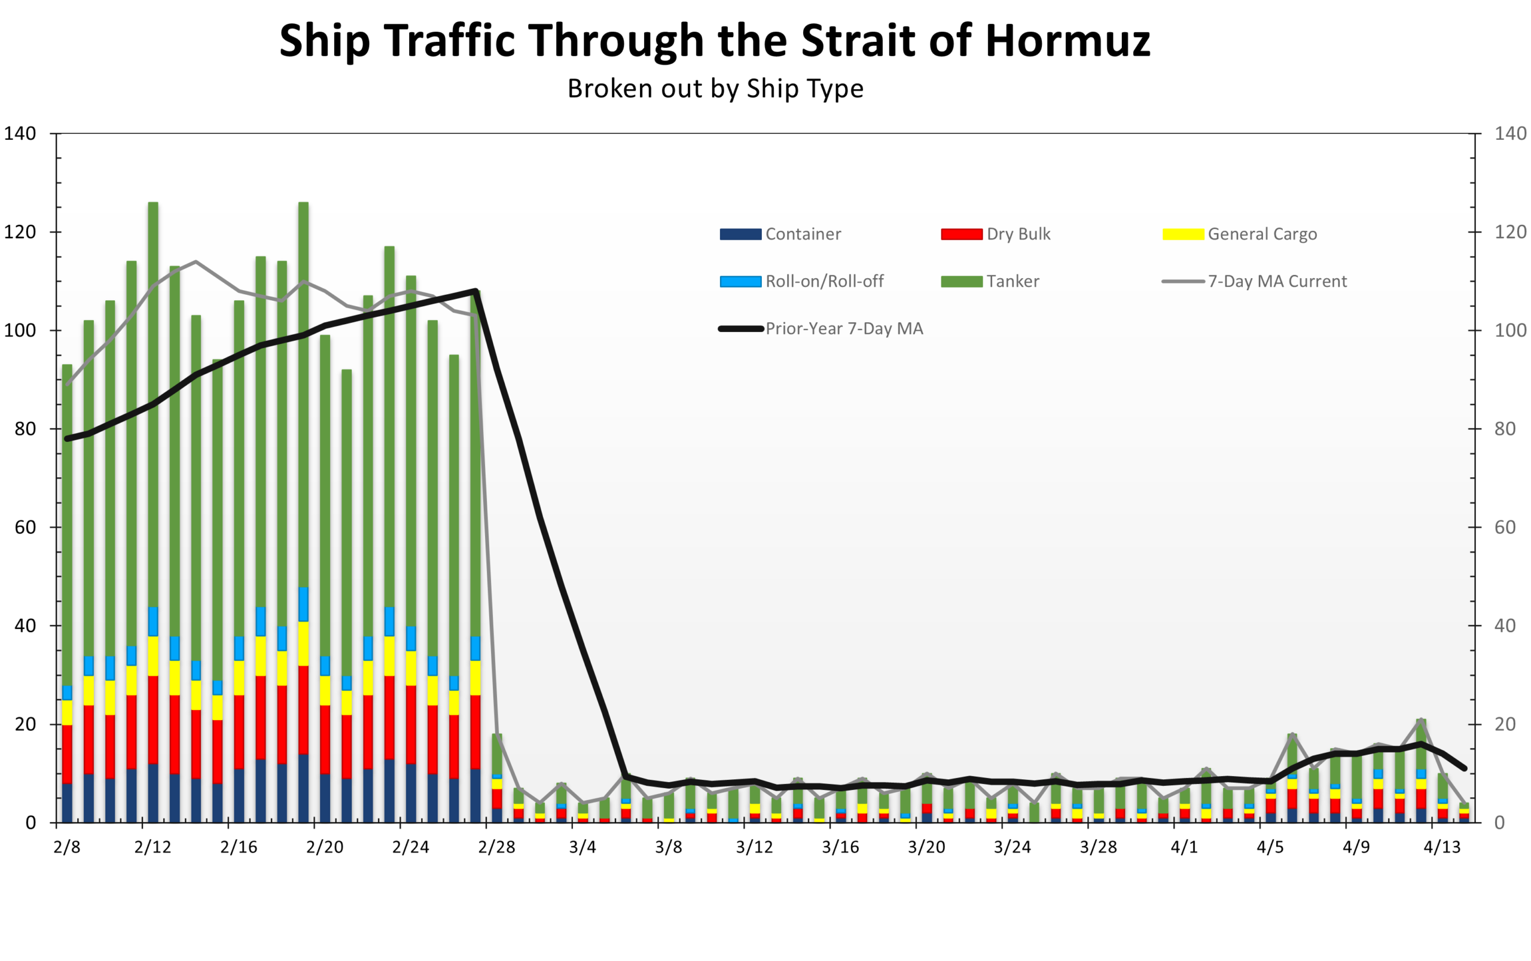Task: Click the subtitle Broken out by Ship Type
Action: [715, 89]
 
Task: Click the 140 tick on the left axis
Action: [20, 133]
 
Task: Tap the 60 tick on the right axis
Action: [1505, 527]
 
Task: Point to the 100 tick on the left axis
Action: [20, 331]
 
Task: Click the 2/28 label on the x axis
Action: [496, 847]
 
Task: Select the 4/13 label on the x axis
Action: [1441, 847]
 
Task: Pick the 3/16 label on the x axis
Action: [840, 847]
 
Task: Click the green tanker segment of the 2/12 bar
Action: [153, 407]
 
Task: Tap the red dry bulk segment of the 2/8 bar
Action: [67, 753]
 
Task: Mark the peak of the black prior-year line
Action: [475, 291]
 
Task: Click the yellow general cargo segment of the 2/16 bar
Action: [239, 678]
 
